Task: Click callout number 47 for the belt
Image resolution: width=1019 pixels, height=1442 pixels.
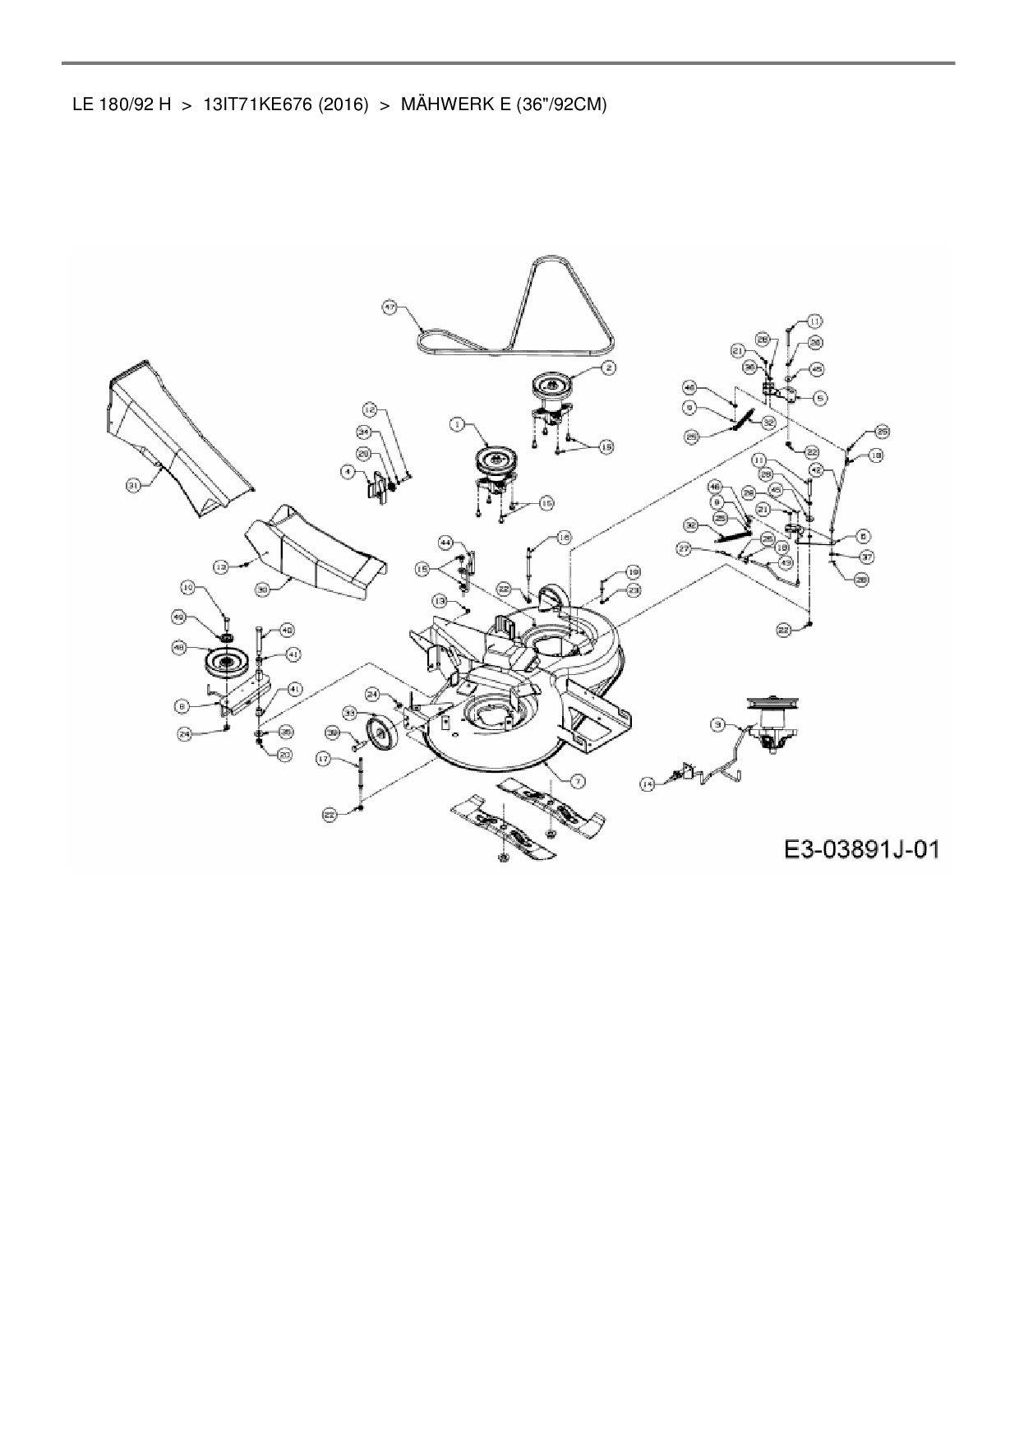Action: click(390, 307)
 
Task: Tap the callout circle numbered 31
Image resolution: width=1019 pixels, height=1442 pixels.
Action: click(132, 485)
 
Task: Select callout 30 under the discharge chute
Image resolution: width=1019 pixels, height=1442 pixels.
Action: click(262, 589)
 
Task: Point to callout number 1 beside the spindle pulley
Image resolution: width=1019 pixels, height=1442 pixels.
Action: click(456, 424)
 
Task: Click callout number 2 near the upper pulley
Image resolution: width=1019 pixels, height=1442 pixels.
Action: click(607, 367)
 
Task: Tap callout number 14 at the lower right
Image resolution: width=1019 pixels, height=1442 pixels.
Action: click(648, 784)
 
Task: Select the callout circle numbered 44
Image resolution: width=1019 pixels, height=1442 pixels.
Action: click(446, 543)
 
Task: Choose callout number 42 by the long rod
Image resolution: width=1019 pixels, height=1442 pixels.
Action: click(815, 469)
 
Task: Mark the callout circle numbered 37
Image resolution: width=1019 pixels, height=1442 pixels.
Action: click(866, 557)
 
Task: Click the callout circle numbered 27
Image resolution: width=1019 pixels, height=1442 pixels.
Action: click(684, 548)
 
